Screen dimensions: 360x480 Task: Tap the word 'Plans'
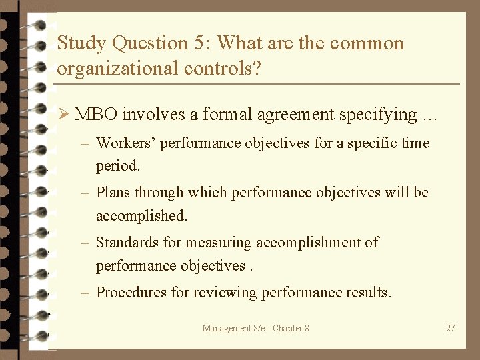point(113,193)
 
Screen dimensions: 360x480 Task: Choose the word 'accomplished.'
point(142,216)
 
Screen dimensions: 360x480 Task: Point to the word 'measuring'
point(219,243)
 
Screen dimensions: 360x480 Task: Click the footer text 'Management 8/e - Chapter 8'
point(256,328)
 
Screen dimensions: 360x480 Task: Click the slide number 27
point(451,328)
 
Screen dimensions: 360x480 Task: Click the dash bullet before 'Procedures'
point(85,292)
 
